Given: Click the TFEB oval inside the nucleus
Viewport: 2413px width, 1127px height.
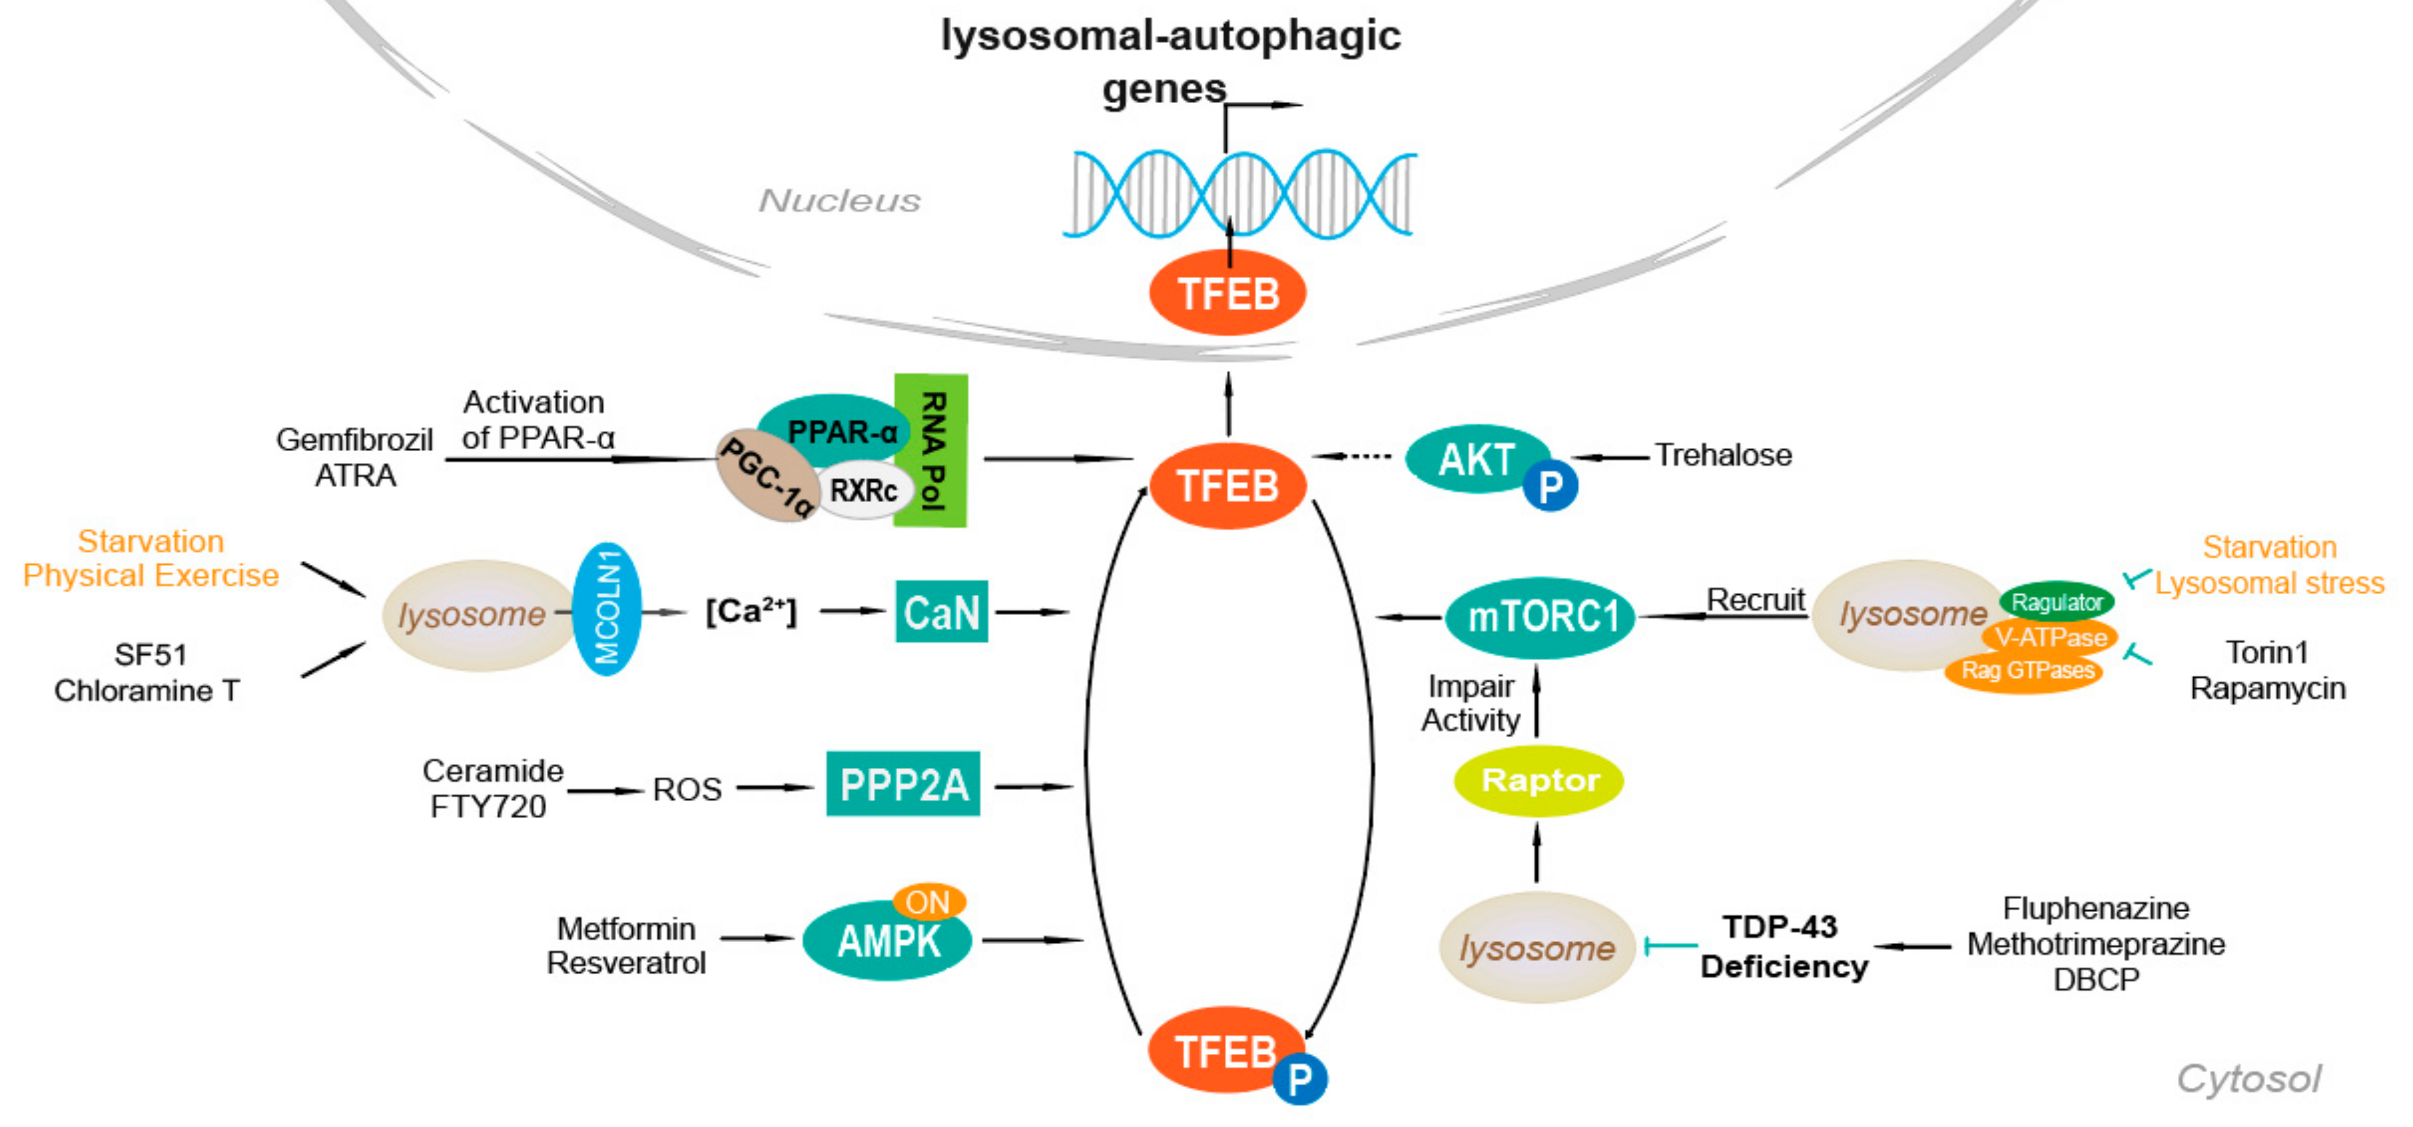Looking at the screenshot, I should point(1227,294).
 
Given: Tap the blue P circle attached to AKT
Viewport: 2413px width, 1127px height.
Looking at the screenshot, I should point(1550,486).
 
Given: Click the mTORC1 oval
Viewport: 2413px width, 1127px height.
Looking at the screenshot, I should point(1541,618).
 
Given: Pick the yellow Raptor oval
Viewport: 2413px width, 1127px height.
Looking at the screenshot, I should point(1538,780).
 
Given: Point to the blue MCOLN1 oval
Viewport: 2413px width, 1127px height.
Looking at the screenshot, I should point(607,609).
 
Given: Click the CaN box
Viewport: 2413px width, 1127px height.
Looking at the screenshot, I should point(941,613).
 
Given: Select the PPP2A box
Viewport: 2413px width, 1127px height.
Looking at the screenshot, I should point(903,784).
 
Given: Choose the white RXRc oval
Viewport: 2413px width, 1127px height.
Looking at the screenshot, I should point(863,490).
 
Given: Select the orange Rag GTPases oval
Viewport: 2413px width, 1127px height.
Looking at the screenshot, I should point(2027,671).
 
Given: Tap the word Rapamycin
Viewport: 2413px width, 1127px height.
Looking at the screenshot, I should point(2267,689).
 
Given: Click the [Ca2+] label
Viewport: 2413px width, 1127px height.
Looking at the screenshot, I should point(751,612).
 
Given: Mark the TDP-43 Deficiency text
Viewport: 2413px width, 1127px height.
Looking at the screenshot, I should point(1783,946).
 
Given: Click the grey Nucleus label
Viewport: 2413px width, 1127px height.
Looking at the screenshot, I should point(840,201).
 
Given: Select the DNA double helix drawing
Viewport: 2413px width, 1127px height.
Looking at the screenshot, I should point(1238,192).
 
